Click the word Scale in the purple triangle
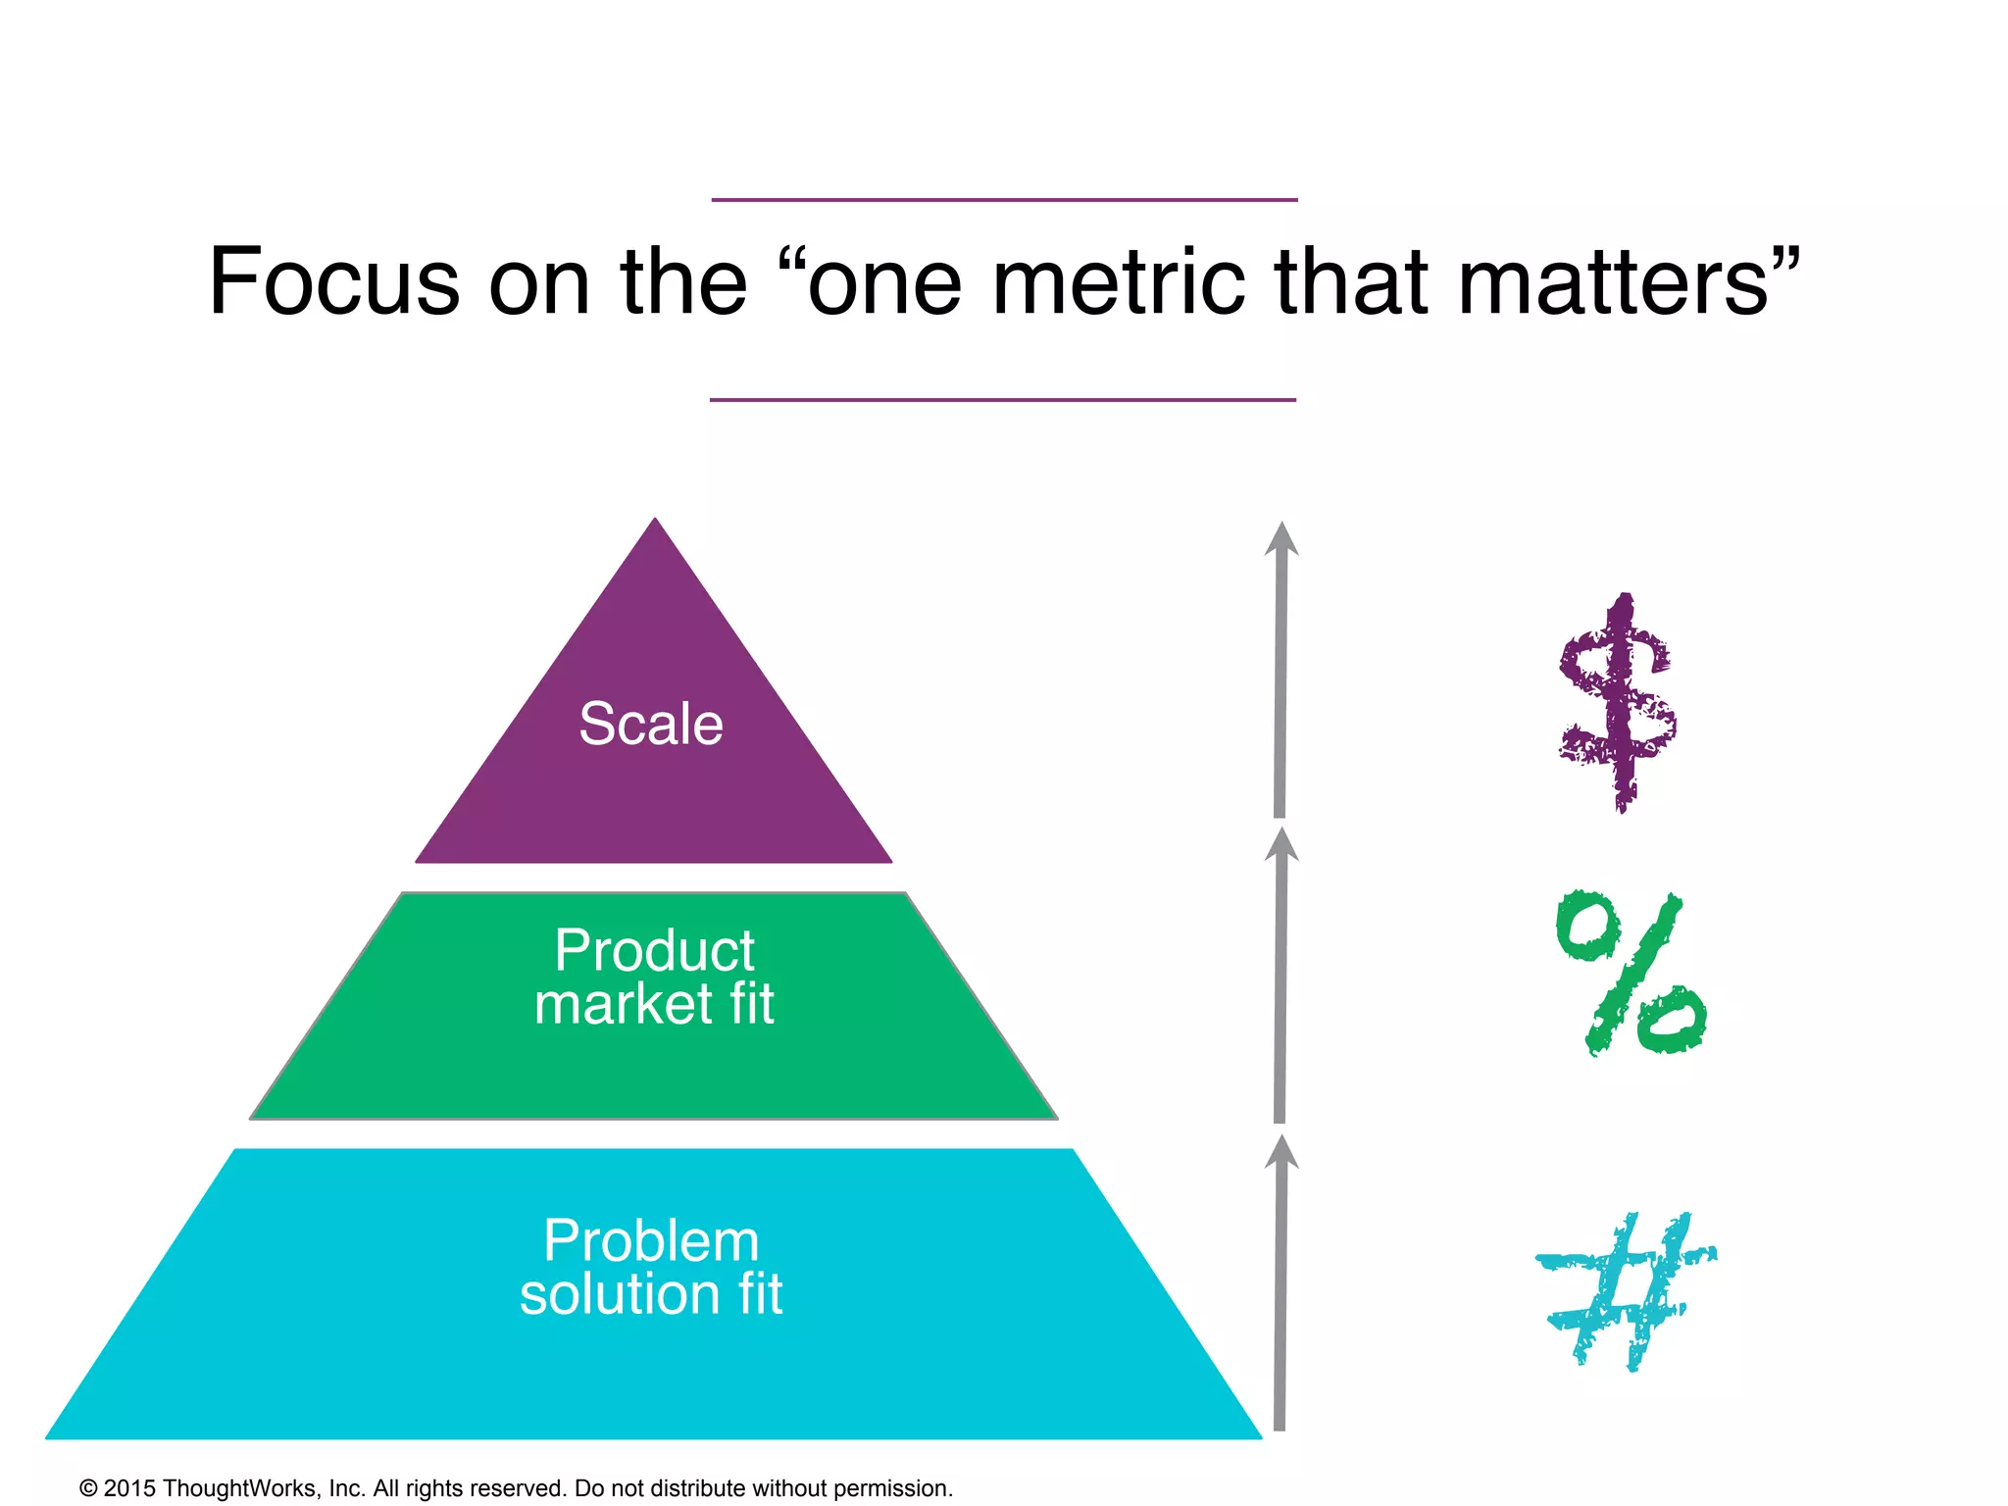651,725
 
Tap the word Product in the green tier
654,950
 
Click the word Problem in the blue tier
651,1240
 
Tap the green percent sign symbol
1630,973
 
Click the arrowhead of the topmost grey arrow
1280,540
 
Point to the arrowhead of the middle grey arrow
1280,845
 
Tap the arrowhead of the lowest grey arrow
1280,1152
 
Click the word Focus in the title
334,281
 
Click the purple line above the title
1004,200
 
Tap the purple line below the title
1003,400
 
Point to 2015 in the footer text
129,1488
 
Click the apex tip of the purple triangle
655,522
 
